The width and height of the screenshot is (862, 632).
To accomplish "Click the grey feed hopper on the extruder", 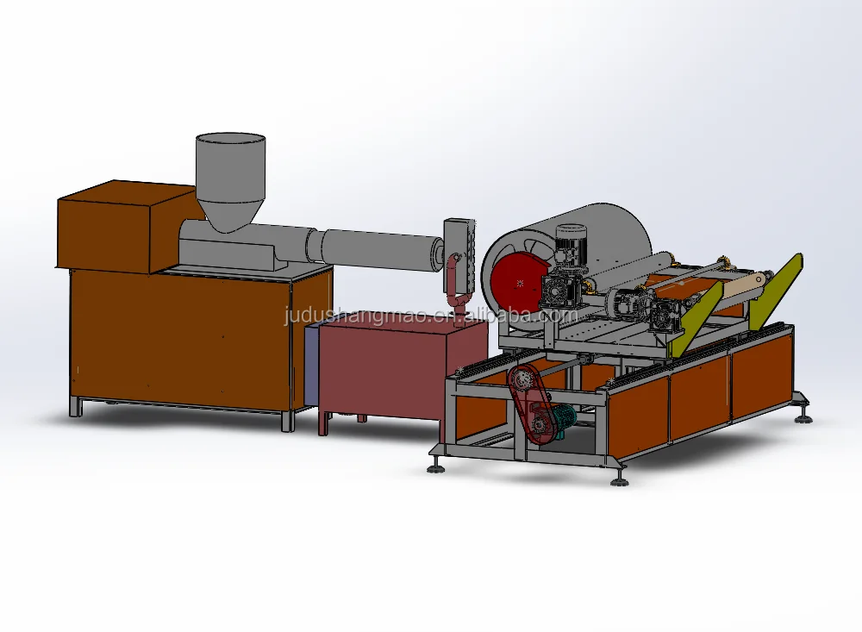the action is (x=231, y=178).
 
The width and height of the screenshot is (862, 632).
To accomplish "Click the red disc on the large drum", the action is (x=516, y=285).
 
